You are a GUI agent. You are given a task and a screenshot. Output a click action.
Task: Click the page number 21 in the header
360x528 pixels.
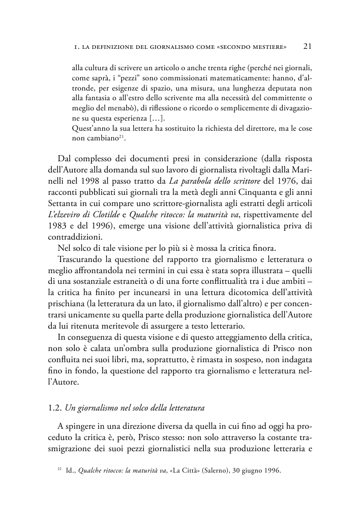[x=307, y=47]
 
